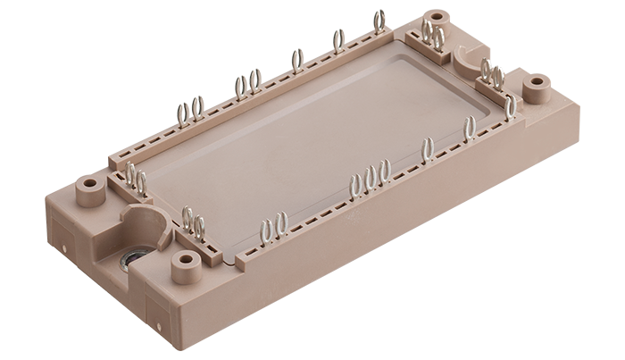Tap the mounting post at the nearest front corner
tap(186, 260)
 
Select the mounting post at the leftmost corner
tap(89, 186)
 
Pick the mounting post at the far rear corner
tap(436, 18)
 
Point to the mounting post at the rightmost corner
tap(536, 84)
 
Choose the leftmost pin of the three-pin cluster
tap(355, 184)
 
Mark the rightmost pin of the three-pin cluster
tap(384, 171)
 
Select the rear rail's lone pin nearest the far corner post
tap(379, 21)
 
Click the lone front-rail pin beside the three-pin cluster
tap(427, 150)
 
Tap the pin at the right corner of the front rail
tap(510, 107)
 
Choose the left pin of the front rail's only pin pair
tap(266, 231)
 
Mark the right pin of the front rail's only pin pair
tap(280, 223)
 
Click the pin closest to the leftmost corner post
tap(130, 173)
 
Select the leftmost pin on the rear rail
tap(182, 113)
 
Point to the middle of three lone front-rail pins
tap(469, 129)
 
